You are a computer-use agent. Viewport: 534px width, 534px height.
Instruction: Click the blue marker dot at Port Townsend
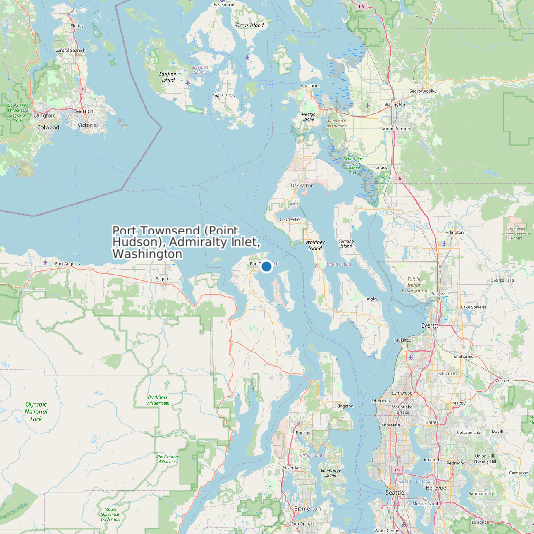tap(266, 266)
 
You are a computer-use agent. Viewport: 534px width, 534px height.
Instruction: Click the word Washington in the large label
tap(148, 254)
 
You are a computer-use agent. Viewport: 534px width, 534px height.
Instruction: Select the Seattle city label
tap(396, 490)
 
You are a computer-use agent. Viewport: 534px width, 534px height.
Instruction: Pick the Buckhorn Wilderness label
tap(158, 400)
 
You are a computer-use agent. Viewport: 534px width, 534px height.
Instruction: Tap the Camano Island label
tap(346, 242)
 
